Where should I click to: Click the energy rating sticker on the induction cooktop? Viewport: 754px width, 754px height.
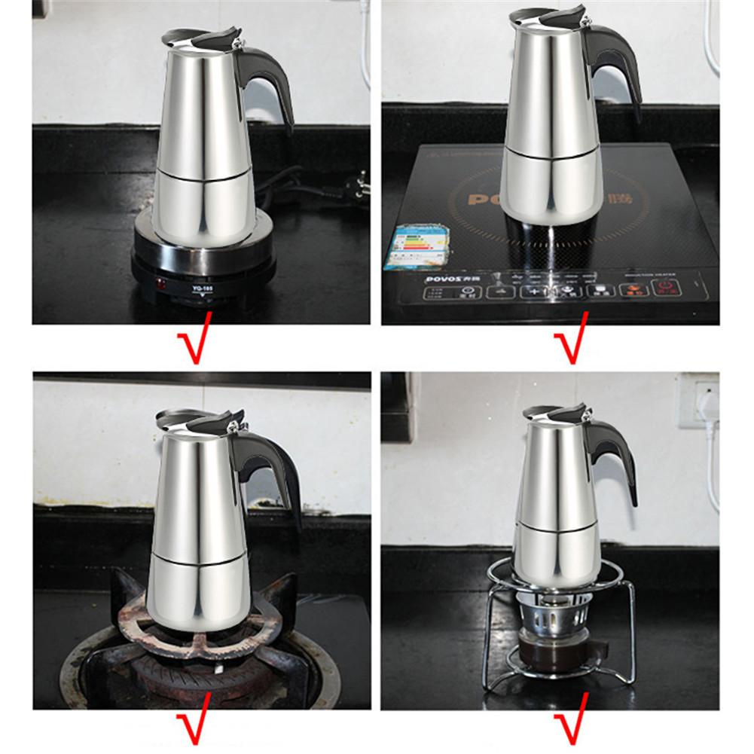coord(411,245)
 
